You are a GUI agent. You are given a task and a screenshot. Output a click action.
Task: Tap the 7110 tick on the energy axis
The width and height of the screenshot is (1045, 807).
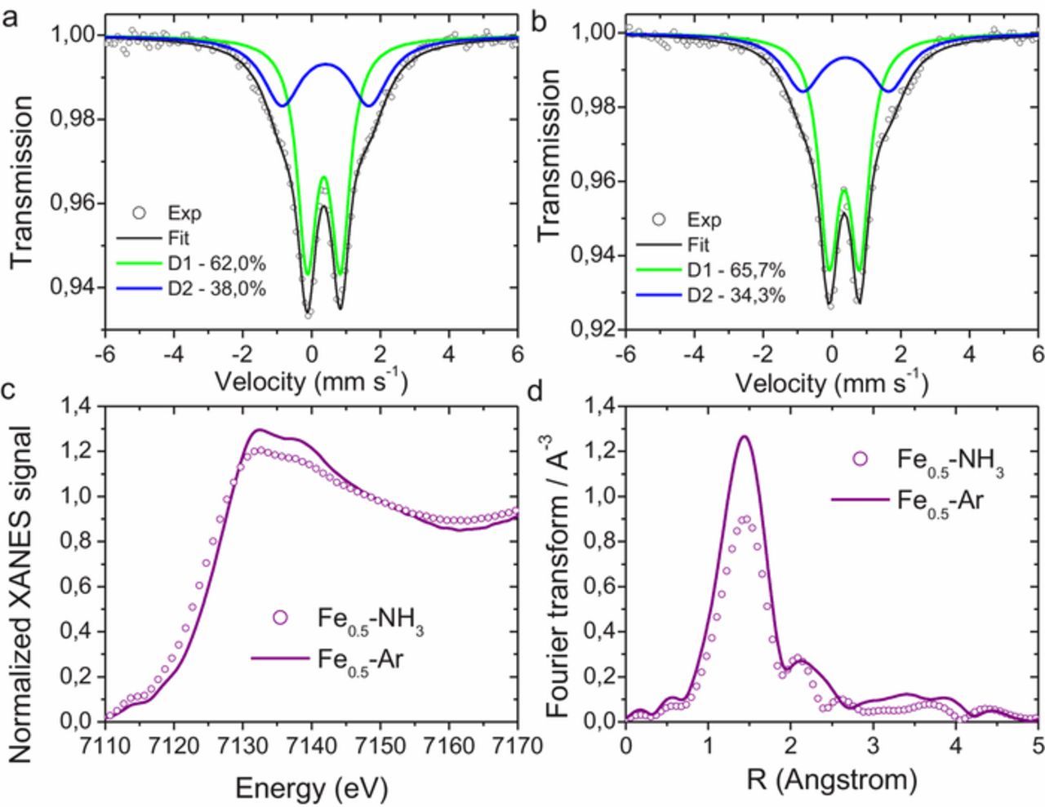pyautogui.click(x=105, y=745)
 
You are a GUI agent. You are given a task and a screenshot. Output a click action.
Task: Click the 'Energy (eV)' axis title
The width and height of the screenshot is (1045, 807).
pyautogui.click(x=311, y=787)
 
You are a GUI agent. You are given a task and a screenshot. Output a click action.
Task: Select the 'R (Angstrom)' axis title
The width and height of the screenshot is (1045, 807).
pyautogui.click(x=832, y=779)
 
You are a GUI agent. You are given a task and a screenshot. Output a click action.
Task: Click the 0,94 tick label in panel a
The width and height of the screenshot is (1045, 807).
pyautogui.click(x=76, y=287)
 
